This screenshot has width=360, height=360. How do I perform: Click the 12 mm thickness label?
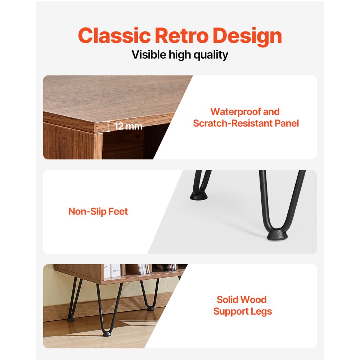coord(128,126)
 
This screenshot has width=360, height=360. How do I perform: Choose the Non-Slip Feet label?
coord(98,211)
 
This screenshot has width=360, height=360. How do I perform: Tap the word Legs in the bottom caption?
coord(261,311)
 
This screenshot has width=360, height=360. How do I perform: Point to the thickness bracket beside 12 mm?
coord(108,126)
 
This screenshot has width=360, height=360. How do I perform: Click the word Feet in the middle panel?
coord(118,211)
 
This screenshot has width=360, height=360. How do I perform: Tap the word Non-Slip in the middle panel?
coord(87,211)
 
